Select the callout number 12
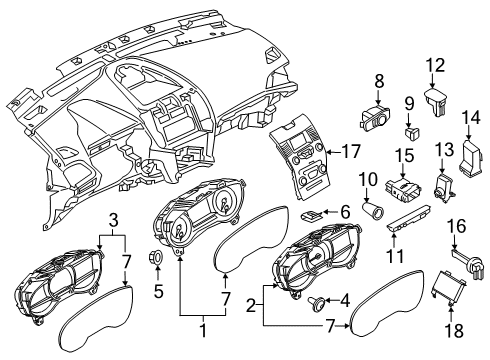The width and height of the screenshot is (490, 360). tap(434, 66)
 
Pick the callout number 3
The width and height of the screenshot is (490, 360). tap(115, 219)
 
